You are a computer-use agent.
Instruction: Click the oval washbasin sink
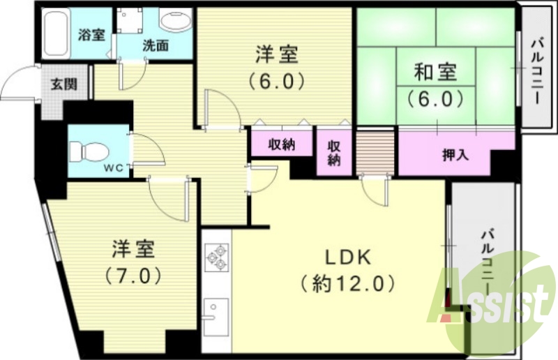coord(174,20)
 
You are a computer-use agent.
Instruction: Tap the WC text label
coord(114,168)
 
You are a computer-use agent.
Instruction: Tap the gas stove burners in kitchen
coord(216,257)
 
